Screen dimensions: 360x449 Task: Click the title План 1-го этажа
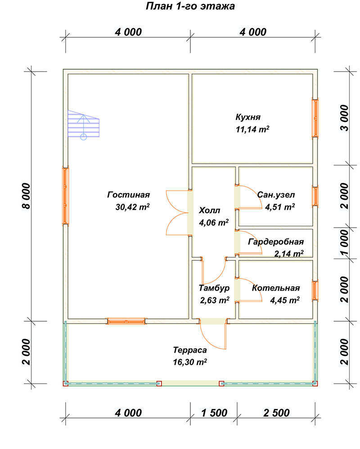point(190,6)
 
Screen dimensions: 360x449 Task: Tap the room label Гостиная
point(128,195)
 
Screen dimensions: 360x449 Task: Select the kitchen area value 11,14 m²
point(252,129)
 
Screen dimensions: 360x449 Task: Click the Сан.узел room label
point(276,195)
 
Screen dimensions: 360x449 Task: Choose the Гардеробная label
point(276,242)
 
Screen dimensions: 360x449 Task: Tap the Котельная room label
point(276,288)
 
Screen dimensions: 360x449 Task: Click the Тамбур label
point(214,288)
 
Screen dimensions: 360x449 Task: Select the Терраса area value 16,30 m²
point(189,362)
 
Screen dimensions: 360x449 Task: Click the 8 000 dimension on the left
point(27,196)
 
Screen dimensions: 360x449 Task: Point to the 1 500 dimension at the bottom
point(214,413)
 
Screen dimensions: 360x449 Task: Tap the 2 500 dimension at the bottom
point(276,413)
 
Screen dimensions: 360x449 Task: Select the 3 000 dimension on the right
point(345,118)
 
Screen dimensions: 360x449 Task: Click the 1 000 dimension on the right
point(345,242)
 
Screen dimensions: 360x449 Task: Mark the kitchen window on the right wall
point(315,118)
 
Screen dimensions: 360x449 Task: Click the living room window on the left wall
point(66,196)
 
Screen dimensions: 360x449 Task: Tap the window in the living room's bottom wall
point(126,321)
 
